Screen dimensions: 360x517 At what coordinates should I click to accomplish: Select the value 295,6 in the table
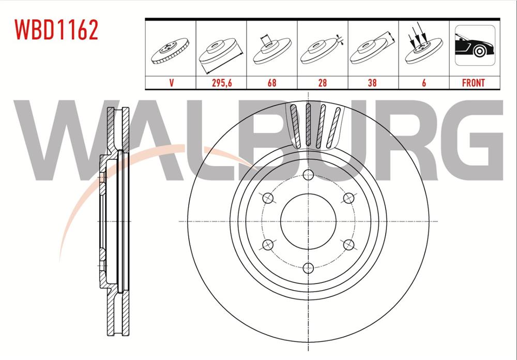[x=221, y=83]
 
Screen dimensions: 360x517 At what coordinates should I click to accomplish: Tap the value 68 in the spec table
[x=271, y=83]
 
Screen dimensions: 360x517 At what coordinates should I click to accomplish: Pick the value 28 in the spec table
[x=322, y=83]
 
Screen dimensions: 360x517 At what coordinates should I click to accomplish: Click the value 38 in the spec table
[x=373, y=83]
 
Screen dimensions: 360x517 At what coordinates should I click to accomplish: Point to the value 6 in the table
[x=423, y=83]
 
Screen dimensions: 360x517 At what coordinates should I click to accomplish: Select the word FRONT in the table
[x=474, y=83]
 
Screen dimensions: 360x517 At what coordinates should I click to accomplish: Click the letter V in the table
[x=170, y=83]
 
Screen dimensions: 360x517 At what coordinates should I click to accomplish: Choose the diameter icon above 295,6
[x=221, y=52]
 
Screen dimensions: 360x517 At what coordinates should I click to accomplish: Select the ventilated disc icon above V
[x=170, y=52]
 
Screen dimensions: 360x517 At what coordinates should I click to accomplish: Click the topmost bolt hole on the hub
[x=309, y=174]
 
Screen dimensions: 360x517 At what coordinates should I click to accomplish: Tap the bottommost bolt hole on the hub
[x=309, y=267]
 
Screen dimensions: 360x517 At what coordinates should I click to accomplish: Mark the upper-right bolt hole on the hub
[x=349, y=197]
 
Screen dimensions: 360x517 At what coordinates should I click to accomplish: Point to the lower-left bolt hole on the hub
[x=268, y=244]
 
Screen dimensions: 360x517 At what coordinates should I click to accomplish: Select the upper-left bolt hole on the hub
[x=268, y=197]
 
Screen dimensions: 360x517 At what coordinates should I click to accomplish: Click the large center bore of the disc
[x=309, y=221]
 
